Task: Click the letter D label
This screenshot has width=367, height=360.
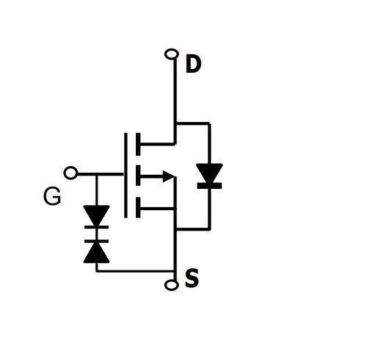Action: [x=193, y=64]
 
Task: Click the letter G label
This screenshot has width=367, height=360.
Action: [x=52, y=196]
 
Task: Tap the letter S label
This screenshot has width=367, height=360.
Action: [x=192, y=278]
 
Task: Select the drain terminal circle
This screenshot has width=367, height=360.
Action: [x=172, y=54]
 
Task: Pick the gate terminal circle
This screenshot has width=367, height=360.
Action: [x=70, y=173]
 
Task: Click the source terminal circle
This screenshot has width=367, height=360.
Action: [x=172, y=285]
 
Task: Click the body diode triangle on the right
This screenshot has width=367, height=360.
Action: [x=209, y=173]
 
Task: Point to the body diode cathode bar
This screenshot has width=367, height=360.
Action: [x=209, y=186]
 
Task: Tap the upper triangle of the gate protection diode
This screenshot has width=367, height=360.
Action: [x=96, y=215]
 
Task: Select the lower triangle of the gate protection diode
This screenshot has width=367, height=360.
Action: [x=96, y=253]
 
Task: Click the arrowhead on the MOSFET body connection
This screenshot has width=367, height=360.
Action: [x=169, y=176]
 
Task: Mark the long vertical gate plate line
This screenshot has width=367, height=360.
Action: [x=126, y=176]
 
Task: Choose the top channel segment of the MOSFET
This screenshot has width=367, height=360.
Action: [x=138, y=144]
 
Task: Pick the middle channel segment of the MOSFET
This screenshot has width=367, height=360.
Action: [x=138, y=176]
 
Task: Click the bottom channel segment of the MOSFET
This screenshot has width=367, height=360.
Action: [x=138, y=207]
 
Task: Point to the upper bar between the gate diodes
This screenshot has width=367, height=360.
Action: [x=96, y=227]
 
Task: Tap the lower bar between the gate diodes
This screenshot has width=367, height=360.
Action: [x=96, y=241]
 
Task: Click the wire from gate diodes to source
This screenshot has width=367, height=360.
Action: [x=136, y=271]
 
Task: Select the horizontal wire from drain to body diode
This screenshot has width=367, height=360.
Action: [x=193, y=123]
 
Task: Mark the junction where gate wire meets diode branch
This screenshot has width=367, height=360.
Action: [x=97, y=174]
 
